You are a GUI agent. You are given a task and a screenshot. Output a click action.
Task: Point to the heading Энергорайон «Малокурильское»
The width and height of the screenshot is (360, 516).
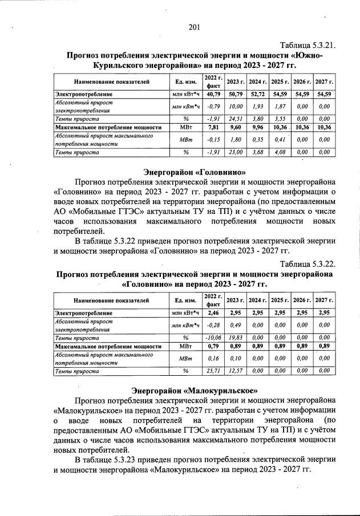pyautogui.click(x=195, y=391)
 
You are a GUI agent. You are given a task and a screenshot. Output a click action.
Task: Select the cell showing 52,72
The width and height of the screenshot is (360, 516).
pyautogui.click(x=258, y=94)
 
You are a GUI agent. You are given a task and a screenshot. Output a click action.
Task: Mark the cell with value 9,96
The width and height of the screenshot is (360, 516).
pyautogui.click(x=258, y=127)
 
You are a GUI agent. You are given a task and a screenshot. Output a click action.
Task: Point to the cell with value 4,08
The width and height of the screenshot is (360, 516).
pyautogui.click(x=280, y=152)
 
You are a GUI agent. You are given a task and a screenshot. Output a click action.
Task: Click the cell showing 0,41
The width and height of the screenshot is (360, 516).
pyautogui.click(x=280, y=140)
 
